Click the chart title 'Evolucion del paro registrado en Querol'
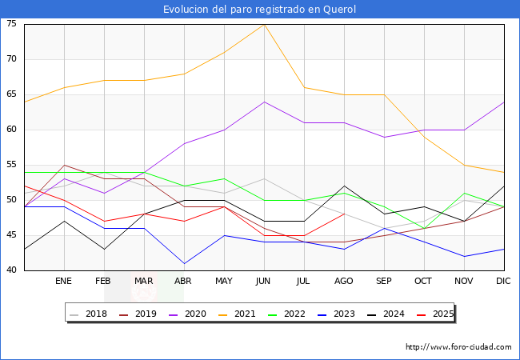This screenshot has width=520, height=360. (x=260, y=10)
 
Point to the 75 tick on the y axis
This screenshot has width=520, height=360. (x=12, y=24)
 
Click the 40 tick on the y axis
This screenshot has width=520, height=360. (x=12, y=270)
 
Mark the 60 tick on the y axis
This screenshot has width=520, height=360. (x=12, y=130)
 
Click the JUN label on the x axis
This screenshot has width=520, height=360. (x=264, y=282)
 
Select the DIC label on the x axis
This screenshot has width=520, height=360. (x=504, y=282)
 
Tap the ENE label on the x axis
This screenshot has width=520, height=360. (x=64, y=282)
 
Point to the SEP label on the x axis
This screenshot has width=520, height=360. (x=384, y=282)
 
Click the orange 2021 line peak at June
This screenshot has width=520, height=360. (x=264, y=24)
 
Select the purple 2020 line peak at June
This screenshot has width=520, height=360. (x=264, y=102)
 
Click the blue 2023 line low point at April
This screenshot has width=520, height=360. (x=184, y=263)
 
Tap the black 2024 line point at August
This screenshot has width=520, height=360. (x=344, y=186)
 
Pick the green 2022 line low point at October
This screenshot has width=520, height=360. (x=424, y=228)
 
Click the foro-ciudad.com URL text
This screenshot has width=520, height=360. (x=458, y=347)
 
